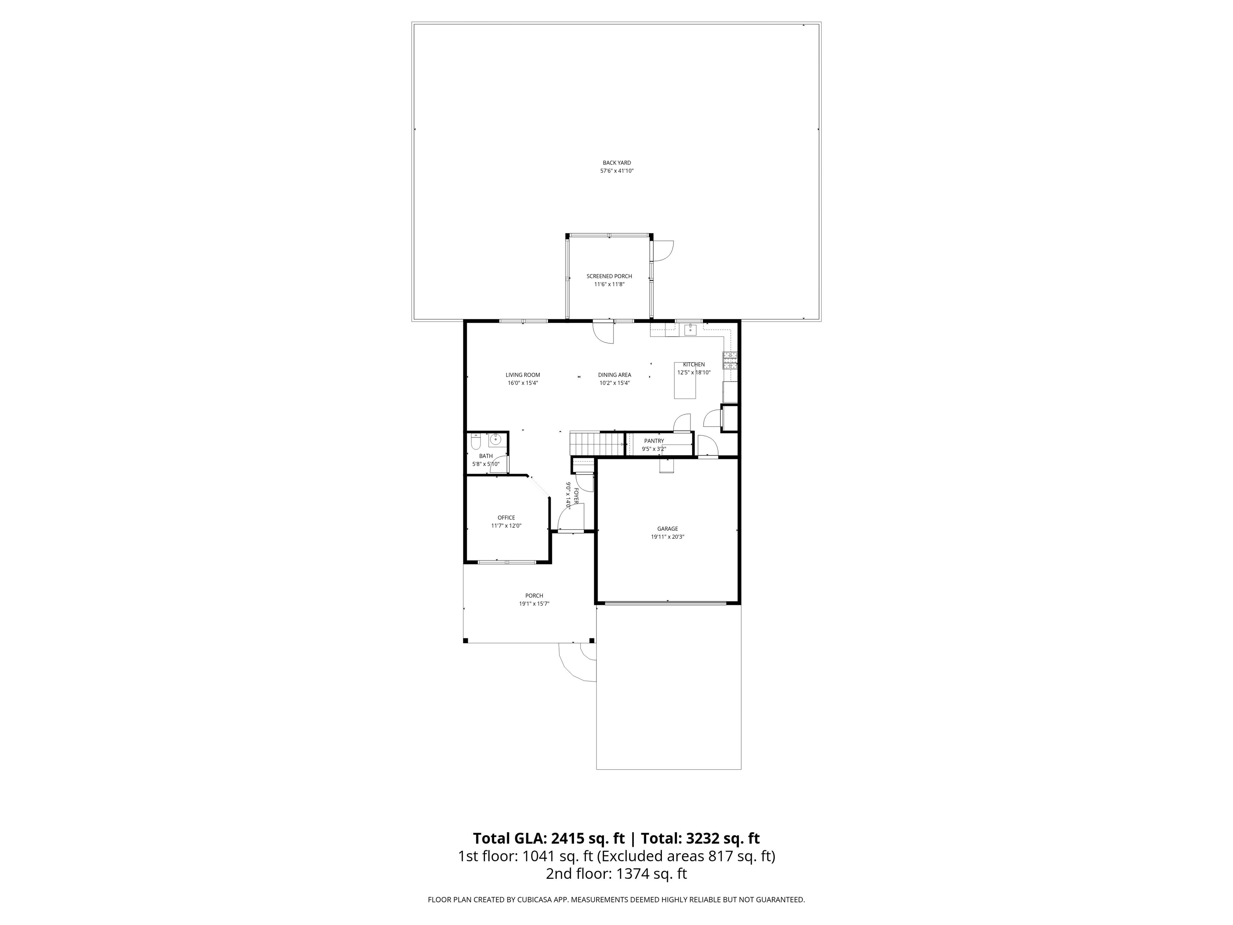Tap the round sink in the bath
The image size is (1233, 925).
[496, 440]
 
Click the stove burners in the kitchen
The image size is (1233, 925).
[730, 361]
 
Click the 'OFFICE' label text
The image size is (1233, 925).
[506, 518]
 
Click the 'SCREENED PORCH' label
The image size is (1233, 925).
[609, 276]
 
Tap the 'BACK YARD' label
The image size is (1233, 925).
[617, 163]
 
